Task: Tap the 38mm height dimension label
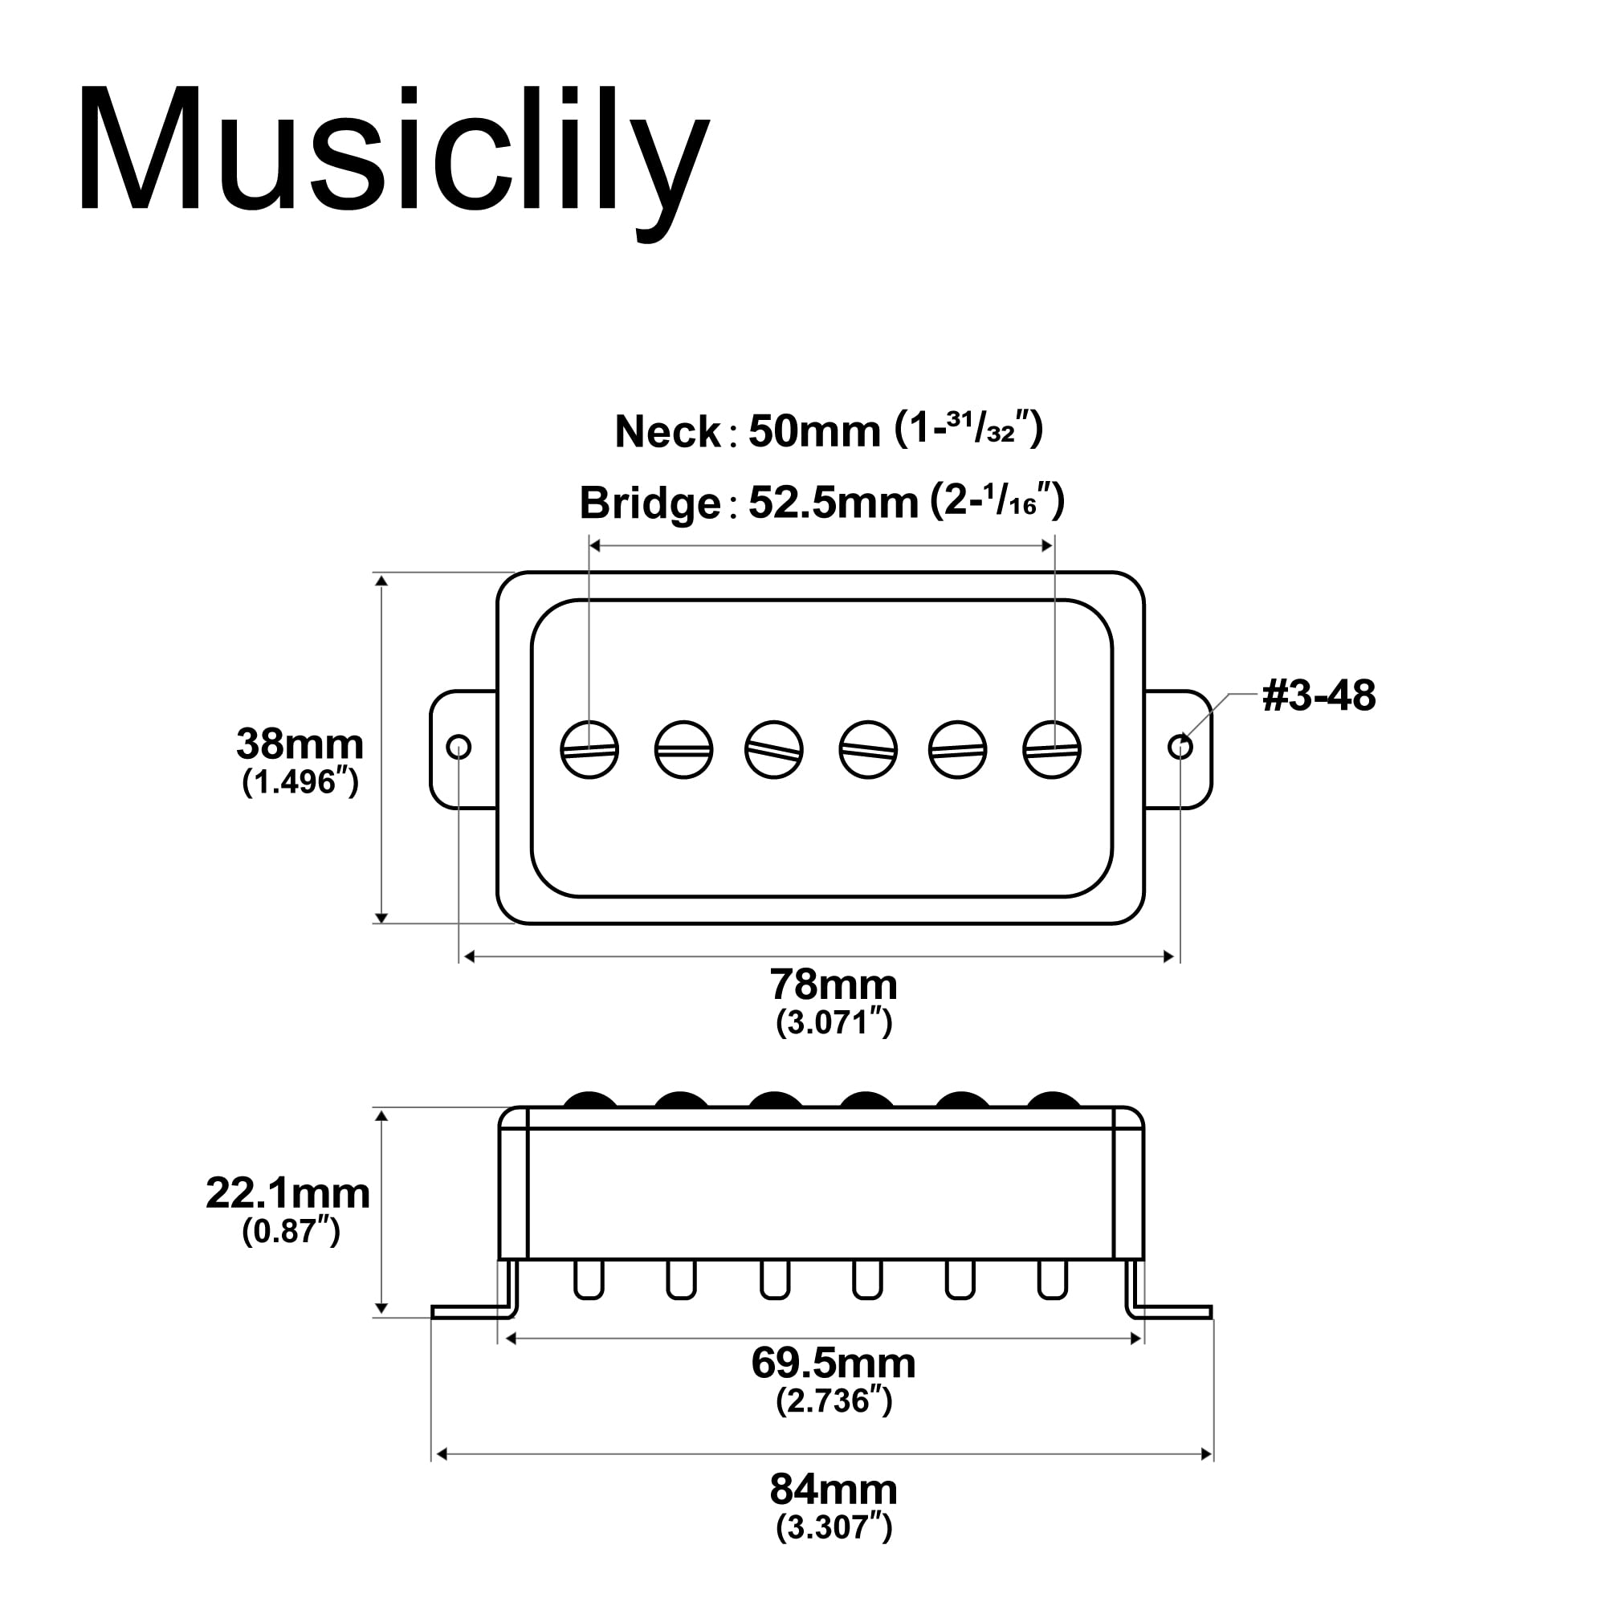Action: coord(300,744)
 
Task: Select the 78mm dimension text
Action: coord(833,985)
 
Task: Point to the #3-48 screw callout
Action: coord(1319,695)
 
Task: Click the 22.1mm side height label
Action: coord(287,1194)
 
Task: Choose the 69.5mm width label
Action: coord(833,1363)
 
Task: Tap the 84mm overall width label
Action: coord(833,1489)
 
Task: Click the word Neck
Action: coord(667,432)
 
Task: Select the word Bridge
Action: coord(649,503)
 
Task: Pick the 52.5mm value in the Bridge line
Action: coord(833,503)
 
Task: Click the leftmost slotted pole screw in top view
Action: coord(589,750)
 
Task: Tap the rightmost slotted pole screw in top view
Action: coord(1052,750)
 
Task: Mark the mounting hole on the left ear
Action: coord(459,748)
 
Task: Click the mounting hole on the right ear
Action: coord(1180,748)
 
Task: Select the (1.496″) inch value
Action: coord(300,781)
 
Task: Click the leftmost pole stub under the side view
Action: coord(589,1280)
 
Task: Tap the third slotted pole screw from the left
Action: coord(774,750)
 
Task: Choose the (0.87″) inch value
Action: coord(291,1231)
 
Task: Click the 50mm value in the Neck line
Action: coord(813,432)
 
